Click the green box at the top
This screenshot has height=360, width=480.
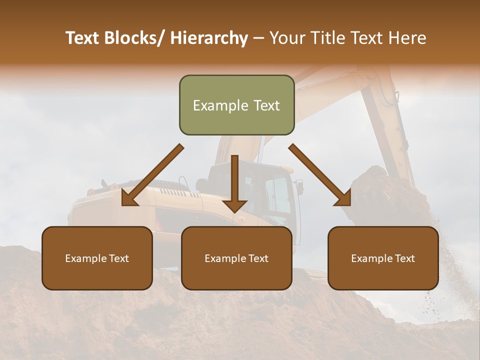(x=236, y=105)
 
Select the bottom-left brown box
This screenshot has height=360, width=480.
(x=97, y=258)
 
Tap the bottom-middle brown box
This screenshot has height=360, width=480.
(x=236, y=258)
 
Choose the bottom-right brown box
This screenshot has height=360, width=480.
(x=383, y=258)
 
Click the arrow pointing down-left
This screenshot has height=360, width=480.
(x=152, y=175)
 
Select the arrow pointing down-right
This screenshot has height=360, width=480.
(x=320, y=175)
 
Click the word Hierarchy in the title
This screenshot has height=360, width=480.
(x=209, y=38)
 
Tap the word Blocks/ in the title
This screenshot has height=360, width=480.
(x=134, y=38)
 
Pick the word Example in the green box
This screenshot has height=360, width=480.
(x=220, y=105)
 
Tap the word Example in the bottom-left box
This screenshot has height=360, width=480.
(x=86, y=258)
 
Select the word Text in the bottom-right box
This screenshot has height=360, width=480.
(x=404, y=258)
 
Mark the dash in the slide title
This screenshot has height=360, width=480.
(x=258, y=38)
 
